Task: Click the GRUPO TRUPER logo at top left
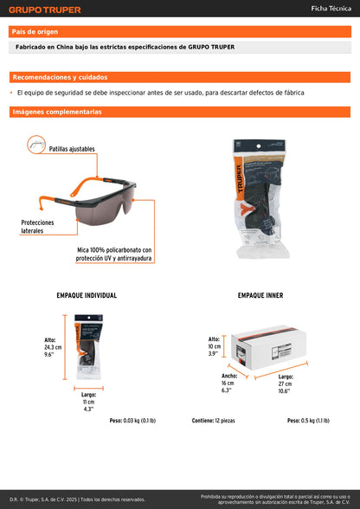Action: pyautogui.click(x=45, y=10)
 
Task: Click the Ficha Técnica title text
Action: pyautogui.click(x=330, y=9)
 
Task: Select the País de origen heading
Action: pyautogui.click(x=35, y=32)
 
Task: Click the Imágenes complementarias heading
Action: pyautogui.click(x=57, y=112)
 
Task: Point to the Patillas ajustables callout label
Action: pyautogui.click(x=72, y=150)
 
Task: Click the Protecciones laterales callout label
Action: pyautogui.click(x=38, y=227)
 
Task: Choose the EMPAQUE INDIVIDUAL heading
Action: pyautogui.click(x=87, y=295)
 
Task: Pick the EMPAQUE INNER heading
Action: pyautogui.click(x=260, y=295)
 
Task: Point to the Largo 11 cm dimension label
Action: pyautogui.click(x=88, y=401)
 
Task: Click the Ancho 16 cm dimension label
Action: pyautogui.click(x=229, y=383)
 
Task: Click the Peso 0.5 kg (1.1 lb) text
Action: pyautogui.click(x=309, y=421)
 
